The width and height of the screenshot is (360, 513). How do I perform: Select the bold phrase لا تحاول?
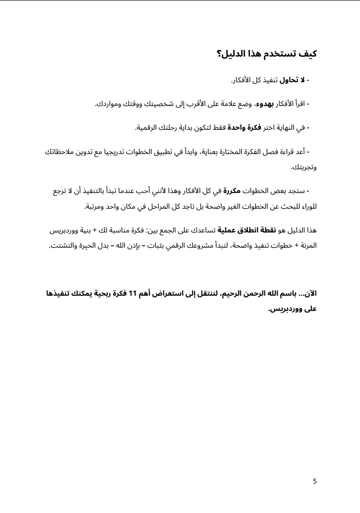click(x=294, y=79)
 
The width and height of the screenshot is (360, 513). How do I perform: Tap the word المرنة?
click(x=306, y=246)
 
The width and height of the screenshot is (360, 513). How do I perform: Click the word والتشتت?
click(x=63, y=246)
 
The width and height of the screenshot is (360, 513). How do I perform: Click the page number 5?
click(x=315, y=481)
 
